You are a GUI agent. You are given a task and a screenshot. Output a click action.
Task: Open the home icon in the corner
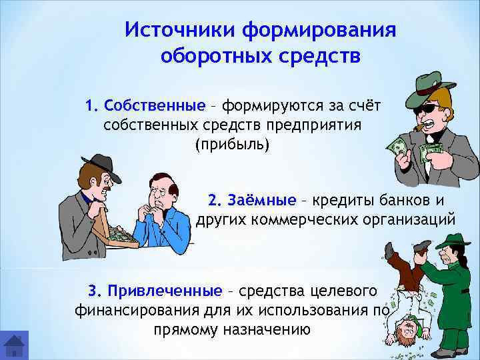click(x=14, y=345)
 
